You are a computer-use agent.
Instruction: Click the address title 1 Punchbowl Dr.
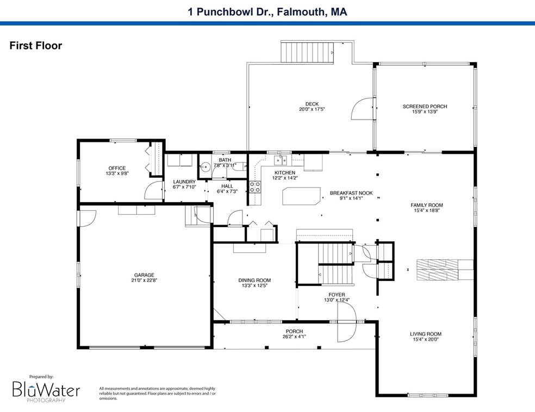pos(267,11)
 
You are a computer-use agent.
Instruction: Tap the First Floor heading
pos(36,46)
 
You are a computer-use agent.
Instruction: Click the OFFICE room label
pos(116,168)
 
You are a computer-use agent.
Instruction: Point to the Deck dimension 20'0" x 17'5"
pos(312,110)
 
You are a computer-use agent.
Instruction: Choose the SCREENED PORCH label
pos(425,107)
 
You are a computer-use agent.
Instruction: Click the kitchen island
pos(301,196)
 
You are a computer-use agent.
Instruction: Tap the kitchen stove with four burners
pos(254,188)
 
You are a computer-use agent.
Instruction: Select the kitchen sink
pos(282,160)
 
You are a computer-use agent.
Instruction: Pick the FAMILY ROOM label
pos(426,205)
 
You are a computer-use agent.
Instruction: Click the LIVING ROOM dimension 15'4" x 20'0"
pos(426,340)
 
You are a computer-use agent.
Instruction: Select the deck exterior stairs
pos(308,53)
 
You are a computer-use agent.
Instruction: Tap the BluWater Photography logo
pos(46,390)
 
